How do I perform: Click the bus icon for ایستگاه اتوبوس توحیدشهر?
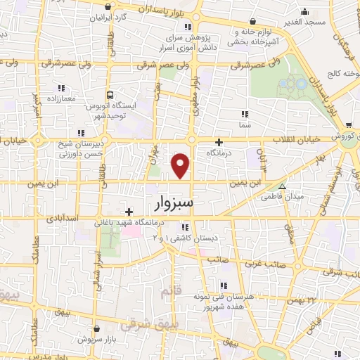pyautogui.click(x=109, y=94)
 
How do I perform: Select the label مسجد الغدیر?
pyautogui.click(x=304, y=22)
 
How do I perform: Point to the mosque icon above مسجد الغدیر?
pyautogui.click(x=304, y=11)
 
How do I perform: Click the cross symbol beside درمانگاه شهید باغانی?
pyautogui.click(x=129, y=211)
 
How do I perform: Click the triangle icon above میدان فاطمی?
pyautogui.click(x=282, y=187)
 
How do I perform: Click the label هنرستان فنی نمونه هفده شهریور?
pyautogui.click(x=224, y=302)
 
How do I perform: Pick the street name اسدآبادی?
pyautogui.click(x=58, y=219)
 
